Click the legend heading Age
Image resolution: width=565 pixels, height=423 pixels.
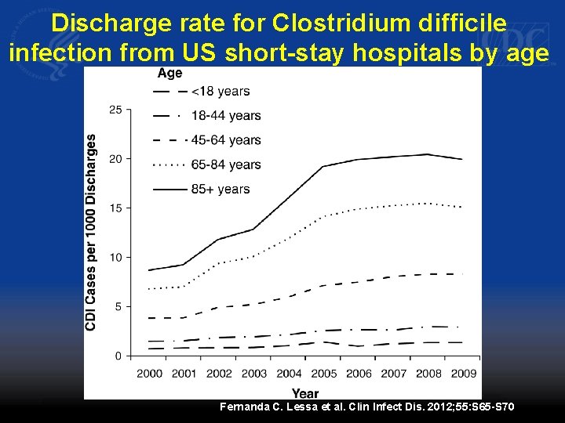tap(169, 73)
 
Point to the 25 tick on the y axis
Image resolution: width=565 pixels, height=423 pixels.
tap(115, 110)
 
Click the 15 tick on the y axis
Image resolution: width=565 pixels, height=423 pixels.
tap(115, 208)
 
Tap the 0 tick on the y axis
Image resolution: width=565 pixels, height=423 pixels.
tap(118, 356)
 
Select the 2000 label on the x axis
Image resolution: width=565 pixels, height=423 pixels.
tap(150, 374)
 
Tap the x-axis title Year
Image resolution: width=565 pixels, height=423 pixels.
tap(305, 393)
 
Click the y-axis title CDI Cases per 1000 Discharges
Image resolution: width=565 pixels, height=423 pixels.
tap(91, 231)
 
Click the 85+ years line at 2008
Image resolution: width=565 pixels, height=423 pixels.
tap(427, 154)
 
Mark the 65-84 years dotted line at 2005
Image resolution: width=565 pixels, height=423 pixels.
tap(323, 215)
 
